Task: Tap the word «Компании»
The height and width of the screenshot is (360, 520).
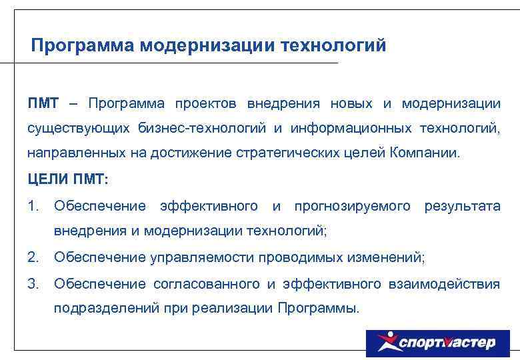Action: pyautogui.click(x=425, y=153)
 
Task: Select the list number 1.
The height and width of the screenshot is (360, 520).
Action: pyautogui.click(x=33, y=207)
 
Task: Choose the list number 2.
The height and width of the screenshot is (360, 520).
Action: pyautogui.click(x=33, y=257)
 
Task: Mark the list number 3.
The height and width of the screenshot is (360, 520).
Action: pyautogui.click(x=33, y=284)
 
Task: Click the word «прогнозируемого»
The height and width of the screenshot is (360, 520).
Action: pyautogui.click(x=352, y=207)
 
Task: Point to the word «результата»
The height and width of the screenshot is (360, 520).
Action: pyautogui.click(x=462, y=207)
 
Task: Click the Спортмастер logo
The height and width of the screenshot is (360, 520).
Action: pyautogui.click(x=437, y=343)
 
